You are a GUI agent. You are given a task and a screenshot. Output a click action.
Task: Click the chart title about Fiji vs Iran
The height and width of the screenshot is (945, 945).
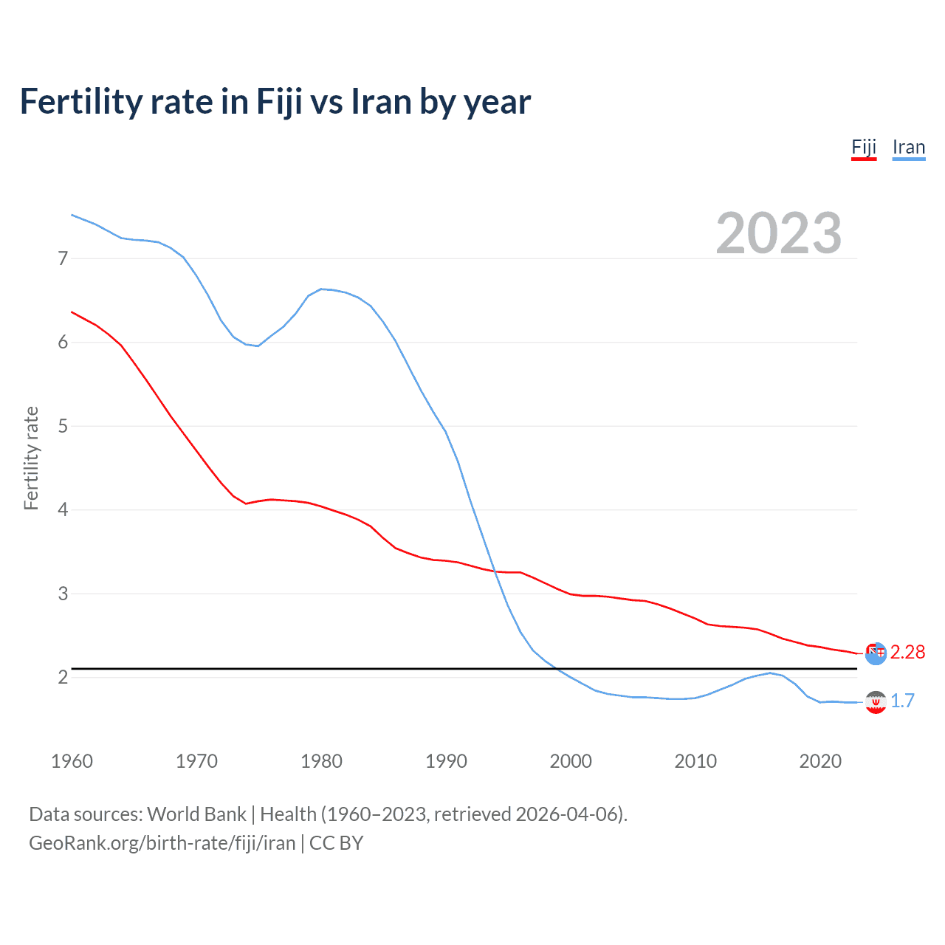[275, 102]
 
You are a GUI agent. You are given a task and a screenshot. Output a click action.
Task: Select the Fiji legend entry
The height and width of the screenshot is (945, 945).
[864, 147]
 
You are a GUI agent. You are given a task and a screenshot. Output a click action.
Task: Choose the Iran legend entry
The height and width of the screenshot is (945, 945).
[908, 147]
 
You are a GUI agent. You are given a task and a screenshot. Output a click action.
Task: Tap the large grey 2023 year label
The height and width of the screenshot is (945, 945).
[778, 233]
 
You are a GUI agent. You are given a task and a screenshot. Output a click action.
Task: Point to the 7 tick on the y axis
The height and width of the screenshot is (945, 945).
[63, 258]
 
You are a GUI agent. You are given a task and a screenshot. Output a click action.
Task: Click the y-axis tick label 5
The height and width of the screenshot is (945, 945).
[63, 426]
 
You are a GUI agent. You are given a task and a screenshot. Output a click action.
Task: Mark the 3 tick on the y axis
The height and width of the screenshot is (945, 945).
[63, 594]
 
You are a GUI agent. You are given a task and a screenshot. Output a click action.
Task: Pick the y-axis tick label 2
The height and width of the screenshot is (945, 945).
[63, 677]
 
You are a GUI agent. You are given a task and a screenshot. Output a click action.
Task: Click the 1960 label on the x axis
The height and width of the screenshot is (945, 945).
[72, 761]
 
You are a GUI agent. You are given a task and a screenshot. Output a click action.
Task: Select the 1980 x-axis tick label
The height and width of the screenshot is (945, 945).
[321, 761]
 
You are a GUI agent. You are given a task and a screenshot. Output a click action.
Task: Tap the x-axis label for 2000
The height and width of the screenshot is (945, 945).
[571, 761]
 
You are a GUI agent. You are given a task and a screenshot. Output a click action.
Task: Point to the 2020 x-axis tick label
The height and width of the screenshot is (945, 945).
[820, 761]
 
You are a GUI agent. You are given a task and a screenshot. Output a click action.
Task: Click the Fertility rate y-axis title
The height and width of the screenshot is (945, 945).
[31, 458]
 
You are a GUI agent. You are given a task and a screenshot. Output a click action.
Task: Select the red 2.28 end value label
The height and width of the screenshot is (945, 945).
[907, 652]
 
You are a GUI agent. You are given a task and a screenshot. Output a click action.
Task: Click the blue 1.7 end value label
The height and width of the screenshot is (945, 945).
[902, 701]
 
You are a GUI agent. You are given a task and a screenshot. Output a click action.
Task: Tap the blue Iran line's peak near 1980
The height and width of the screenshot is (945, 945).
[321, 289]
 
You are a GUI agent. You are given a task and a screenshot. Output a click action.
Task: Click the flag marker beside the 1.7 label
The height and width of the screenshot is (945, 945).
[876, 702]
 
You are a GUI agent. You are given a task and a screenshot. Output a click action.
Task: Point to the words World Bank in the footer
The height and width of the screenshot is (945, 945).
[196, 814]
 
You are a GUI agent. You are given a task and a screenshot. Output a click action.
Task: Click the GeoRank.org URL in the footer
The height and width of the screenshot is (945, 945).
[162, 843]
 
